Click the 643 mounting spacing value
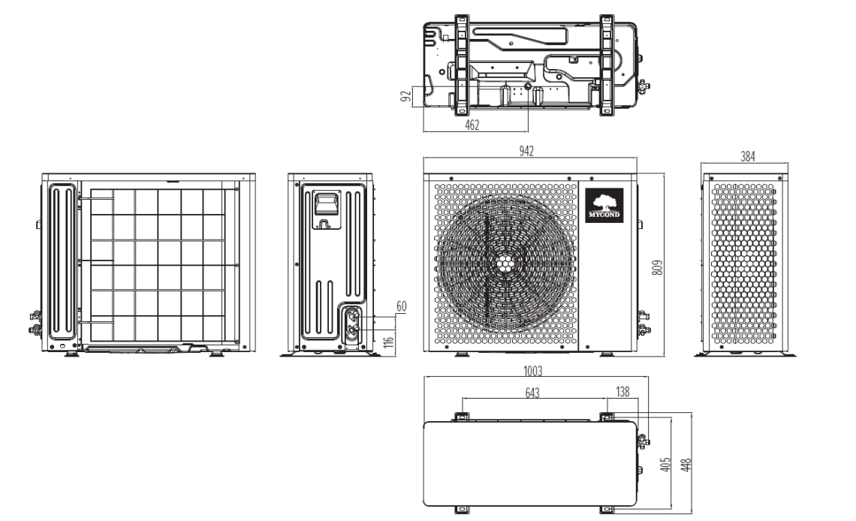tap(532, 392)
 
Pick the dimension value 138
tap(622, 392)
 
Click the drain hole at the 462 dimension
tap(527, 89)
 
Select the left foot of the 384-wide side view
tap(708, 352)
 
